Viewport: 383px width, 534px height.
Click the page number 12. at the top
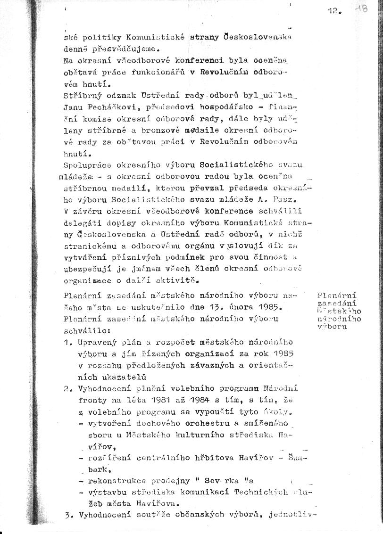tap(333, 12)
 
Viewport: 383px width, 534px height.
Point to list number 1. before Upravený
tap(68, 342)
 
